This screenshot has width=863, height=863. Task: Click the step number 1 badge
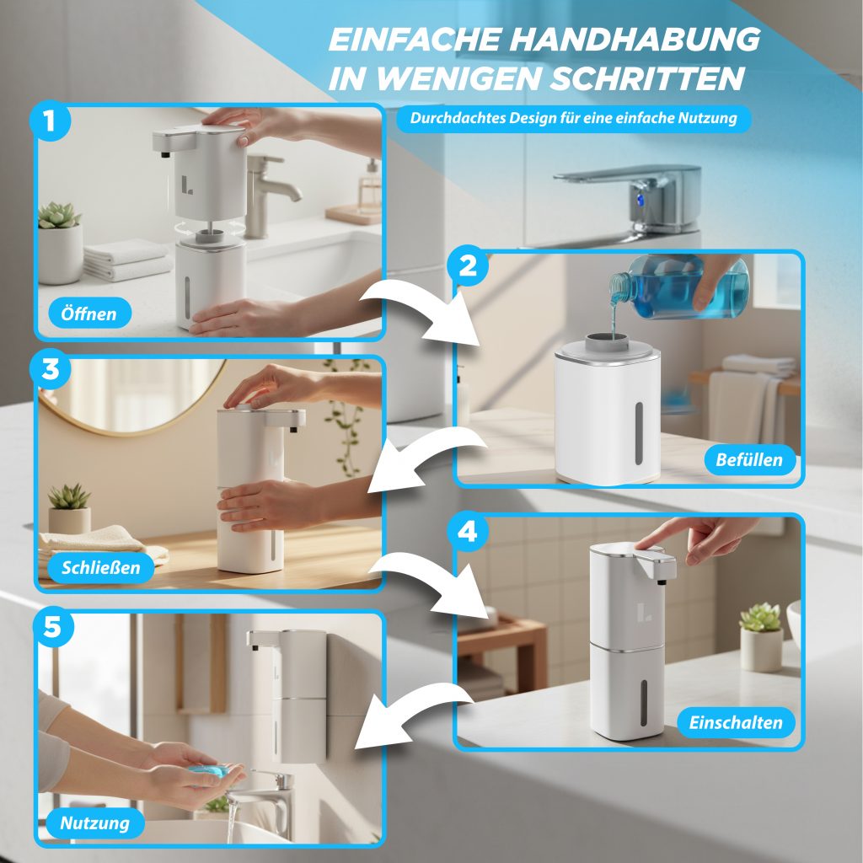pyautogui.click(x=50, y=121)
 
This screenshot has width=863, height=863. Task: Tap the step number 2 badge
pyautogui.click(x=468, y=265)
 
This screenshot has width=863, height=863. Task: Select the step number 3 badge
pyautogui.click(x=50, y=369)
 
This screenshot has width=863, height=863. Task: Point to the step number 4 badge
pyautogui.click(x=467, y=532)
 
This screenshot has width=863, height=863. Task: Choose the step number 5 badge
pyautogui.click(x=52, y=626)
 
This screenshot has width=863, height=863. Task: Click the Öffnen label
pyautogui.click(x=89, y=314)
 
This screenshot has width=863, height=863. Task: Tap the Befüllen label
pyautogui.click(x=749, y=459)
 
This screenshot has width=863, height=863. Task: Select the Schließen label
pyautogui.click(x=101, y=567)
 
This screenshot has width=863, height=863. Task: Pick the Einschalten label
pyautogui.click(x=736, y=722)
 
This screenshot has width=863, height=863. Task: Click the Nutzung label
pyautogui.click(x=94, y=823)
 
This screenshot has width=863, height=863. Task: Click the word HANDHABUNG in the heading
pyautogui.click(x=635, y=39)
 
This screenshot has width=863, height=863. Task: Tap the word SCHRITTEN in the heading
pyautogui.click(x=647, y=78)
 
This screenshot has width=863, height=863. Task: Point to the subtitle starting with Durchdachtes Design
pyautogui.click(x=573, y=118)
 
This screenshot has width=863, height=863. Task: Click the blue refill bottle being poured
pyautogui.click(x=680, y=288)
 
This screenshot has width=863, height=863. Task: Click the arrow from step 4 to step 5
pyautogui.click(x=413, y=716)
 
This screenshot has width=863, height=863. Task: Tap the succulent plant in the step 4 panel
pyautogui.click(x=760, y=617)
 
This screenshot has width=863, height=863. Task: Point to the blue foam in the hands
pyautogui.click(x=208, y=770)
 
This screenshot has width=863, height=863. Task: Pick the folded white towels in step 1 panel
pyautogui.click(x=127, y=260)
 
